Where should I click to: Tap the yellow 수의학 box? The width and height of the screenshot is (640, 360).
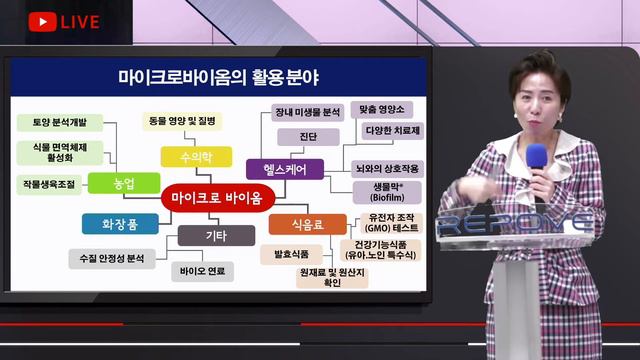[195, 156]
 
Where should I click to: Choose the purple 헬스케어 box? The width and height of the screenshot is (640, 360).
[285, 170]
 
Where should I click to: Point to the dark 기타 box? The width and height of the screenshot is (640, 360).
[215, 236]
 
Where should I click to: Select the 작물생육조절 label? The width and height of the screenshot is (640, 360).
[49, 185]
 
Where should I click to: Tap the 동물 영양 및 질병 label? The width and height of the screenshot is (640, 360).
[182, 121]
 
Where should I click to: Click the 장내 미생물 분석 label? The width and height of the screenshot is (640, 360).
[308, 112]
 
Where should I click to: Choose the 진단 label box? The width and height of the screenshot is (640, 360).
[308, 136]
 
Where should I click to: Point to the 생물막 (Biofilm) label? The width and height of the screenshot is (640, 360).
[379, 192]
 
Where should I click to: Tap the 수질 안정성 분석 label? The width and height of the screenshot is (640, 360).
[112, 258]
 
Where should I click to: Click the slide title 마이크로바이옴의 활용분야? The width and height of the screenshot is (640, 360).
[225, 76]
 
